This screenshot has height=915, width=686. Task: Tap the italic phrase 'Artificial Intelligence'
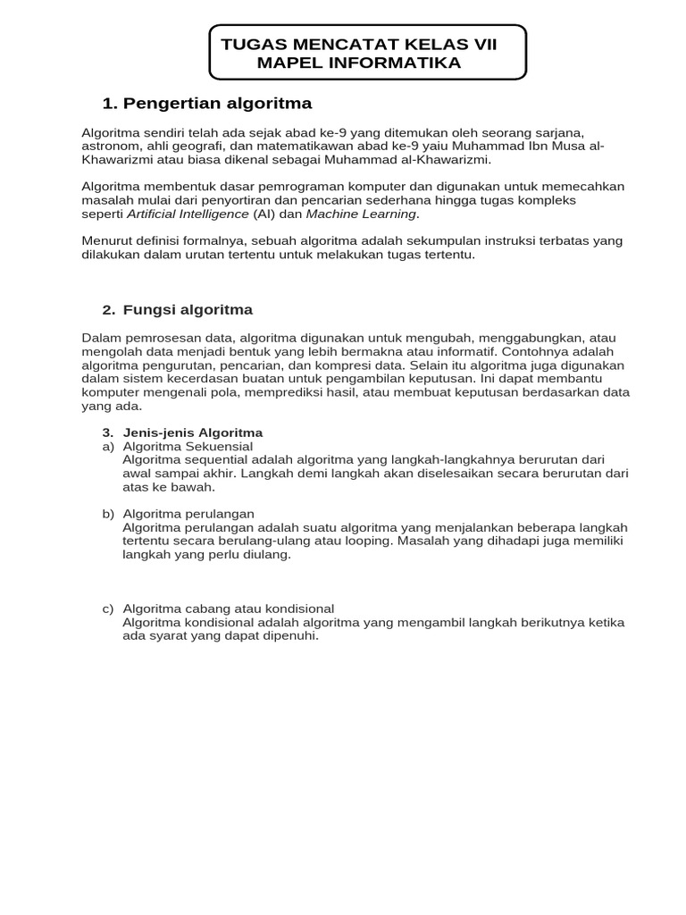[x=188, y=214]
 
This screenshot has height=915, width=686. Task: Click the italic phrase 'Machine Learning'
[x=361, y=214]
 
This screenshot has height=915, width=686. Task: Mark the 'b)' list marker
[x=108, y=514]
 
